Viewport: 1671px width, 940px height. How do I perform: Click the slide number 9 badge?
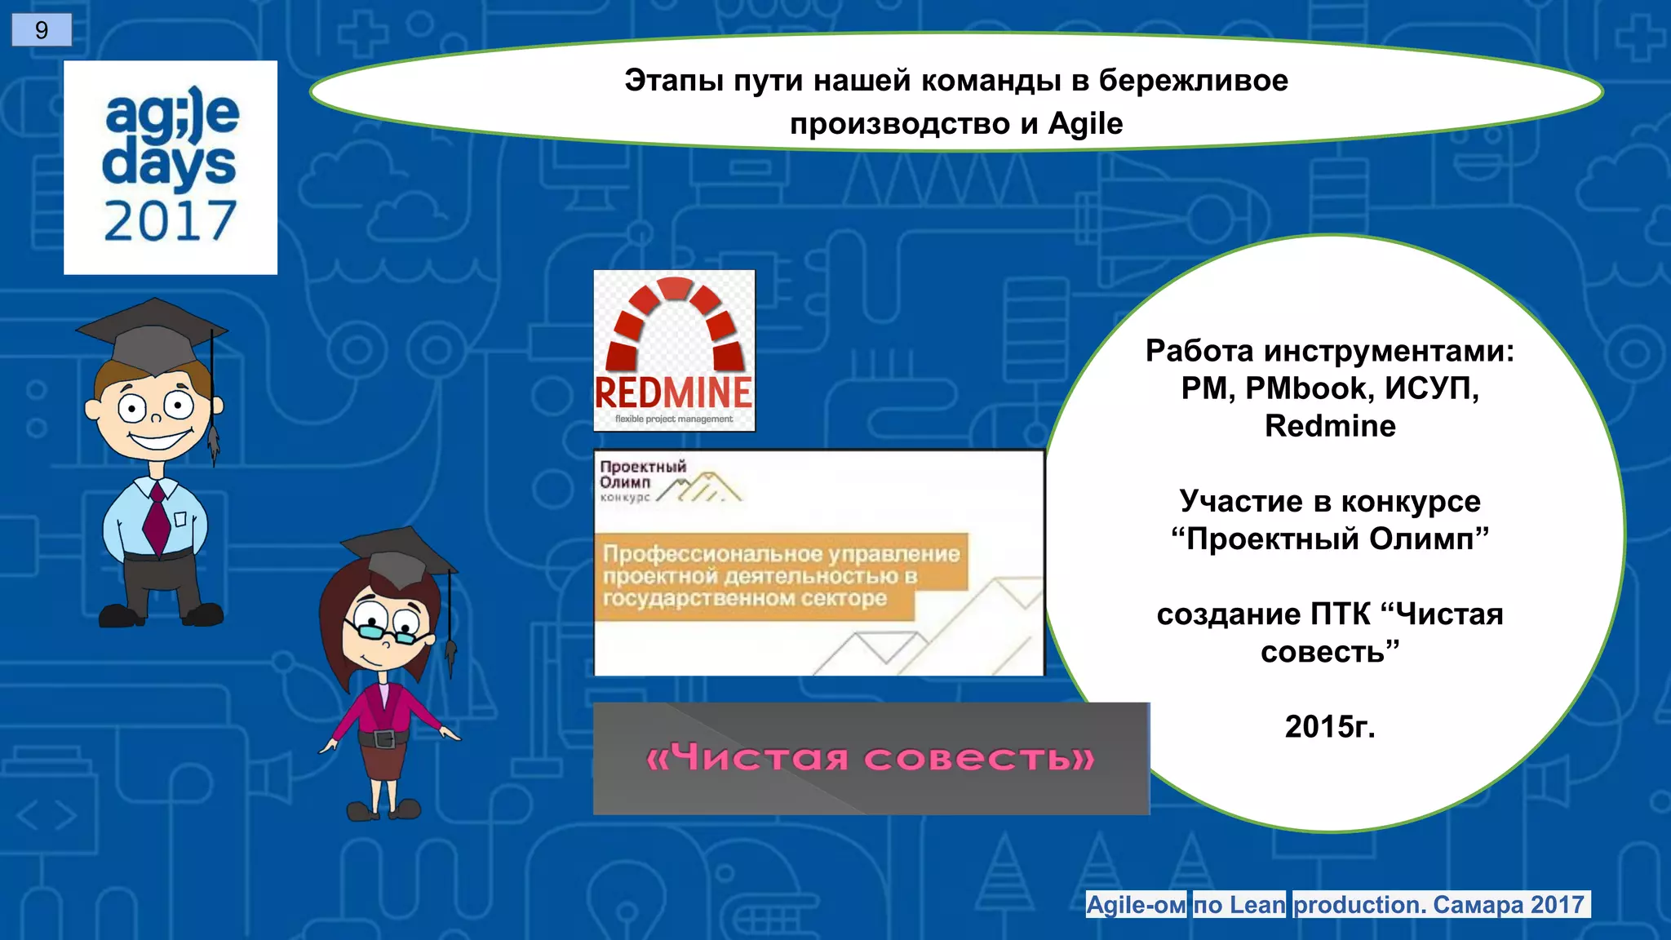point(42,30)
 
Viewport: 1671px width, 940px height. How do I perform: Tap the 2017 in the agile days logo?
point(170,221)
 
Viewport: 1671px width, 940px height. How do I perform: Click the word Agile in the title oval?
point(1085,124)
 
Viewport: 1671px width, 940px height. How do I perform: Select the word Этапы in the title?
point(674,81)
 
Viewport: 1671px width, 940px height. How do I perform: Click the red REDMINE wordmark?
point(674,393)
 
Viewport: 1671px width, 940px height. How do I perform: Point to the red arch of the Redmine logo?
point(675,314)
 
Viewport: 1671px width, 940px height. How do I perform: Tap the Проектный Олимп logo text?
point(642,475)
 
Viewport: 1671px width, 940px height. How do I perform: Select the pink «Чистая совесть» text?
point(870,759)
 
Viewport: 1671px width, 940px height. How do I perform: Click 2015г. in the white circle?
point(1330,726)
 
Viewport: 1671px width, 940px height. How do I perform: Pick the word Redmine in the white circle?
point(1330,426)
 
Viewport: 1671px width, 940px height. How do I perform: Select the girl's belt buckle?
point(385,739)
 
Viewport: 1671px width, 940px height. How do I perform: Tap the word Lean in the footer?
point(1257,905)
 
